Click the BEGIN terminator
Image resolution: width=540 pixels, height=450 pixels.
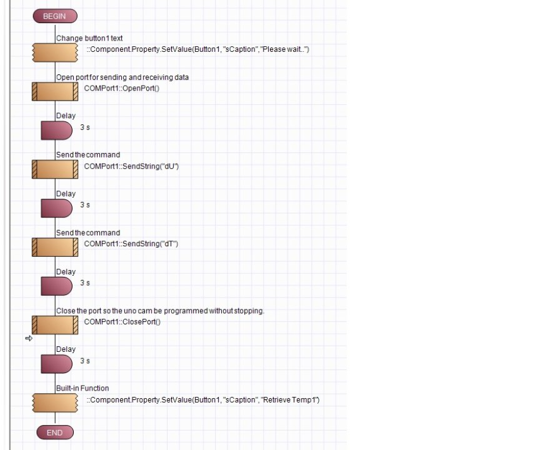pos(54,16)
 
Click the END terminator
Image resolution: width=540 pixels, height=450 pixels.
pos(54,432)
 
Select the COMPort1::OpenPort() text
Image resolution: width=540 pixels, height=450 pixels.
pos(122,89)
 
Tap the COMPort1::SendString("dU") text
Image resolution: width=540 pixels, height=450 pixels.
pos(131,166)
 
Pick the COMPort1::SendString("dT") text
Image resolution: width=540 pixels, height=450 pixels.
pos(131,244)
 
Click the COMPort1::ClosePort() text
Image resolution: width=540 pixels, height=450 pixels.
pos(122,322)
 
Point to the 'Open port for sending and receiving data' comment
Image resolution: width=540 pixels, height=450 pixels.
pos(122,77)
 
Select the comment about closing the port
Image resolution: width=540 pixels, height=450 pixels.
pos(160,311)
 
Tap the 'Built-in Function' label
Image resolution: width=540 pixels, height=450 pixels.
pos(82,388)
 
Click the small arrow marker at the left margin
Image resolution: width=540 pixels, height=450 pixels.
pos(29,338)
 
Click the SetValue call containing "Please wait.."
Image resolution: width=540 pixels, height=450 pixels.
pos(197,49)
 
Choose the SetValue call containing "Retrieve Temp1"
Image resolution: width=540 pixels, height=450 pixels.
pos(203,399)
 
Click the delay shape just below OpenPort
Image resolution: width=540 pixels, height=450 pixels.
pos(57,130)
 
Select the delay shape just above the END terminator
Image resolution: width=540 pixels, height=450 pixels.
pos(57,364)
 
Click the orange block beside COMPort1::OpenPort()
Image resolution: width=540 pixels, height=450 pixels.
pos(54,91)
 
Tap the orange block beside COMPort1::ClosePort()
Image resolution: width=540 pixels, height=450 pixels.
pos(54,325)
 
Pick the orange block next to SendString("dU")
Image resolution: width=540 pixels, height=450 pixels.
pos(54,169)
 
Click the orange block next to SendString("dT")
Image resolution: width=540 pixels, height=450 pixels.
pos(54,246)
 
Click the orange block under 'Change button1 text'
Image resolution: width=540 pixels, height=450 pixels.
pos(54,52)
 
